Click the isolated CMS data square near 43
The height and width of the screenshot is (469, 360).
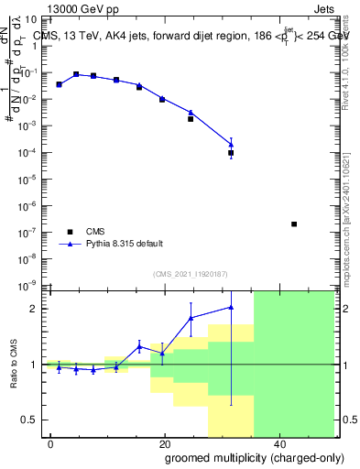point(293,224)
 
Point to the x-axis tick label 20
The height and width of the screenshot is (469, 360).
point(165,444)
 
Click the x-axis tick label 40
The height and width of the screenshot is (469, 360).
point(278,444)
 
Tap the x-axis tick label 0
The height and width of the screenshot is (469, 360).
point(51,444)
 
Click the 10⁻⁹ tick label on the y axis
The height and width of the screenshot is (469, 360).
point(29,286)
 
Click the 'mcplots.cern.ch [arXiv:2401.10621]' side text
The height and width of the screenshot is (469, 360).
point(351,206)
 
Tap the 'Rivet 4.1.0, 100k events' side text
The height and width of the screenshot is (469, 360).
point(351,55)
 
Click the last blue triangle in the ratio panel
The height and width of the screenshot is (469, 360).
point(231,307)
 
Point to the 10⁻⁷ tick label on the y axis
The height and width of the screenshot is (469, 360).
point(29,233)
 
